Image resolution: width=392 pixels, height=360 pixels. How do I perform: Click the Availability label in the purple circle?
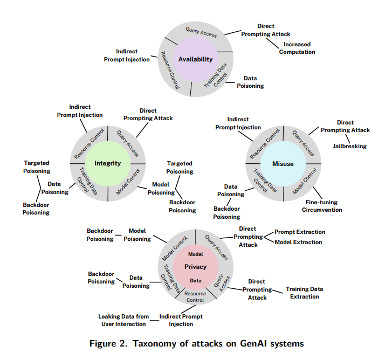pos(195,59)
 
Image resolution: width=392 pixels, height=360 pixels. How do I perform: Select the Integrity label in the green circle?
pos(108,163)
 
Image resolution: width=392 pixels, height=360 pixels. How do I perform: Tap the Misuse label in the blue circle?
pos(283,163)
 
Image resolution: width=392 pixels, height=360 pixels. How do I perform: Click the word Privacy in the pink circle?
pos(195,267)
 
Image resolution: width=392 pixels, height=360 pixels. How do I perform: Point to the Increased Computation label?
pos(297,48)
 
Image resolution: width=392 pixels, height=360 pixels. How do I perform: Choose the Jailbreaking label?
pos(349,146)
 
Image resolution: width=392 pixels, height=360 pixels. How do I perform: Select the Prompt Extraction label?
pos(300,232)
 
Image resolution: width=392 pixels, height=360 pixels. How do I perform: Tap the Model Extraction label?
pos(298,243)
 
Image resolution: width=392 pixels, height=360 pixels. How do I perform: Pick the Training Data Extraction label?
pos(304,293)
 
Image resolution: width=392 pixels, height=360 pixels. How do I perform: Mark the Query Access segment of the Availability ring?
pos(201,32)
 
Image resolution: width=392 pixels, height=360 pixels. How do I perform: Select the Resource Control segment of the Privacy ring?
pos(195,296)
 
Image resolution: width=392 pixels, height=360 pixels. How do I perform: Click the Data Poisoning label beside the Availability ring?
pos(250,82)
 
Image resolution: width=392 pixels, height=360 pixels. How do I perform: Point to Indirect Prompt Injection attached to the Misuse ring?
pos(238,123)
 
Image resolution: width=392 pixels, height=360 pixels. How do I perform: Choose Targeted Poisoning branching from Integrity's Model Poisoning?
pos(180,167)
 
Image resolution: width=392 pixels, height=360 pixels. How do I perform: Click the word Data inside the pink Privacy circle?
pos(195,281)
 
